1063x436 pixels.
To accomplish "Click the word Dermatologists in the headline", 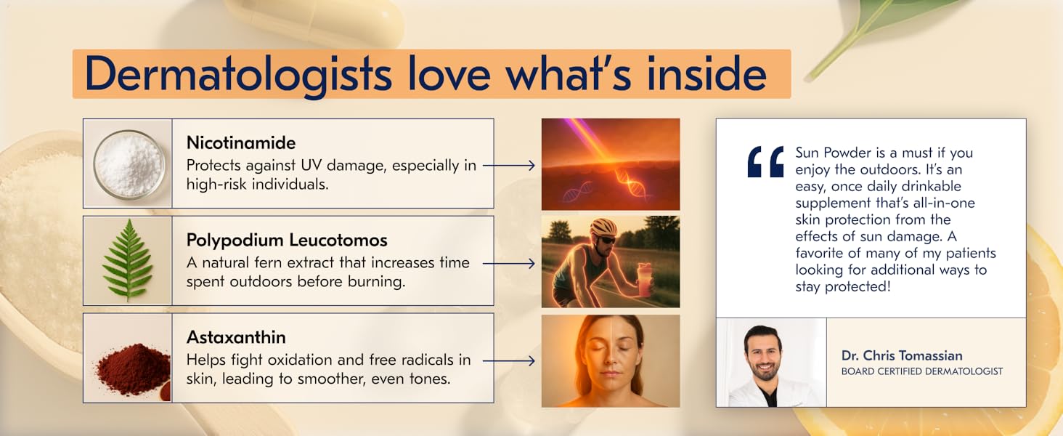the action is [x=238, y=75].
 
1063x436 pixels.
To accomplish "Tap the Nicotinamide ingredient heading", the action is [x=241, y=142].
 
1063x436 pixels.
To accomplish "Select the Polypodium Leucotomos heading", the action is [x=287, y=241].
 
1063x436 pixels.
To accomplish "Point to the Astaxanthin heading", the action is [x=236, y=337].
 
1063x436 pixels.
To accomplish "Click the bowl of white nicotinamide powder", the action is [x=129, y=164].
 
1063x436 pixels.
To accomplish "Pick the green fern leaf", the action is [x=127, y=260].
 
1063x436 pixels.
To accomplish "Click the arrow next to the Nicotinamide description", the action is [x=509, y=165].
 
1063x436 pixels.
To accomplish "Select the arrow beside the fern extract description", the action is [x=509, y=264].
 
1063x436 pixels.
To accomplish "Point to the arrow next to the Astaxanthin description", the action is [x=509, y=361].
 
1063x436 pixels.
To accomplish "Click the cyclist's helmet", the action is [x=604, y=227].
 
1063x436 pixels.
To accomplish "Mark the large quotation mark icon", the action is [x=765, y=161].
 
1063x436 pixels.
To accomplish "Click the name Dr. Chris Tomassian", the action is [x=902, y=356].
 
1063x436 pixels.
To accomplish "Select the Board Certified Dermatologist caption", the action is [x=922, y=371].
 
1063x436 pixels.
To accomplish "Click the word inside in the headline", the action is [x=706, y=75].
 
